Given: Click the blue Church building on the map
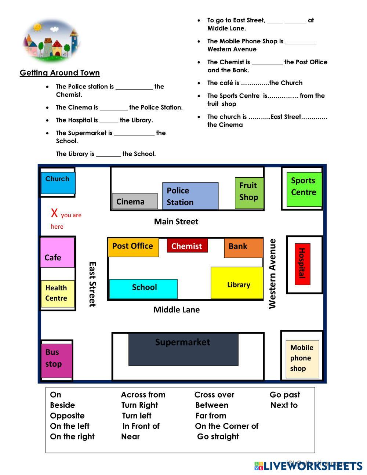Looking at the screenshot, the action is [x=58, y=183].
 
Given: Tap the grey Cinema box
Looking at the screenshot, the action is [x=135, y=201].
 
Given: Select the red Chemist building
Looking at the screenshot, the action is [x=187, y=246].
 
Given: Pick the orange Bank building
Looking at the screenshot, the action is [x=244, y=248].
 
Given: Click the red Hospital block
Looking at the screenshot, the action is [x=302, y=264].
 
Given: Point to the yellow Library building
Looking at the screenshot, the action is [x=237, y=283].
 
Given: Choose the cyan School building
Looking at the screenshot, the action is [x=143, y=289].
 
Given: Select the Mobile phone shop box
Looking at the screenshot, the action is [x=302, y=359].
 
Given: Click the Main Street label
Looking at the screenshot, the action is [x=176, y=221].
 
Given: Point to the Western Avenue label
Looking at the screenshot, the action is [x=272, y=274].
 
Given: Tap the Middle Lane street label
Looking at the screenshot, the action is [x=177, y=309].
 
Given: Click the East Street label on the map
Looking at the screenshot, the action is [x=92, y=284].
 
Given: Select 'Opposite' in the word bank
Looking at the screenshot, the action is [x=67, y=416].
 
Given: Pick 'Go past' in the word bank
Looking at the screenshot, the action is [x=285, y=395].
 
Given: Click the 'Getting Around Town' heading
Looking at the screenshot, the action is [x=59, y=73].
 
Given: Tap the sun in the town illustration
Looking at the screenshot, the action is [x=37, y=27].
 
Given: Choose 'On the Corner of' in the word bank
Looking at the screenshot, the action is [x=226, y=426].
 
